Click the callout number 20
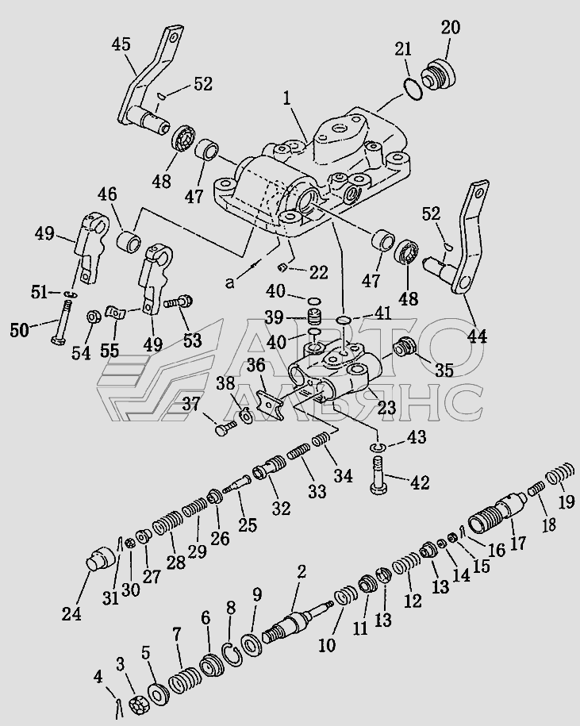(x=451, y=28)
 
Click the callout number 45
(x=121, y=45)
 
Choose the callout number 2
(x=302, y=571)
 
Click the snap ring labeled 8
(x=231, y=654)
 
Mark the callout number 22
(x=318, y=272)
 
